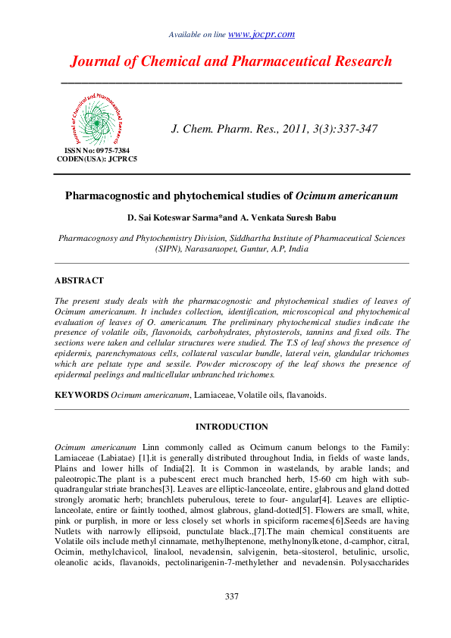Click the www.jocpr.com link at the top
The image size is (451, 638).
pos(262,34)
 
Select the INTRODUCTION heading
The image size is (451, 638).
pos(231,427)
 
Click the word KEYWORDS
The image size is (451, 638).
pos(82,395)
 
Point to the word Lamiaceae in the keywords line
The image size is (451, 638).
pos(212,395)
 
